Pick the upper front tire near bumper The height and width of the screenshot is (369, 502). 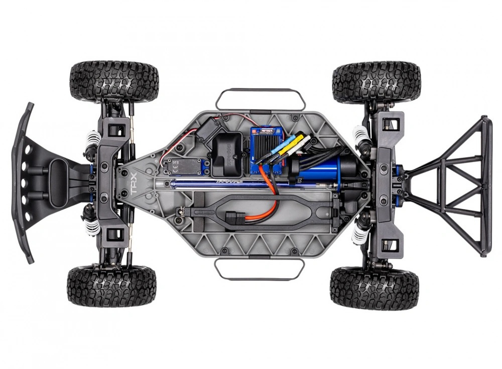tap(114, 81)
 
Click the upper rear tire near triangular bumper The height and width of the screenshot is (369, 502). tap(376, 82)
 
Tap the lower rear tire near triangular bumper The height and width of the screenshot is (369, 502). tap(374, 288)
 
